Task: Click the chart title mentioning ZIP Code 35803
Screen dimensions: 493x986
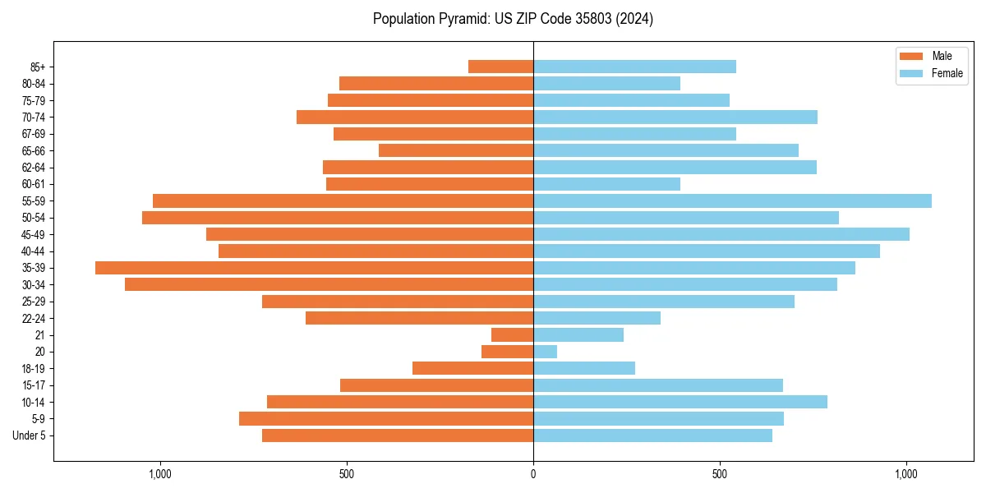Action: pyautogui.click(x=513, y=19)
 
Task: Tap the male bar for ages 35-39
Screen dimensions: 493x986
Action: pyautogui.click(x=314, y=268)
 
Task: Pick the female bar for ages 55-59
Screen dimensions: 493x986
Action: pyautogui.click(x=732, y=200)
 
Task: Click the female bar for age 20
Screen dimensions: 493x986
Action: pyautogui.click(x=545, y=352)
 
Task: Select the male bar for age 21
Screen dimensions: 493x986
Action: pyautogui.click(x=512, y=335)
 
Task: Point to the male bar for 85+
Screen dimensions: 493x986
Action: pyautogui.click(x=500, y=67)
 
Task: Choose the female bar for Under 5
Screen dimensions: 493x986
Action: pyautogui.click(x=652, y=435)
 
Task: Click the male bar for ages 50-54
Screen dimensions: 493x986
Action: pyautogui.click(x=338, y=218)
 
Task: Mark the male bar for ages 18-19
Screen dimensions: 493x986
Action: pyautogui.click(x=472, y=368)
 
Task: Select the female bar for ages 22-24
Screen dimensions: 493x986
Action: pyautogui.click(x=597, y=318)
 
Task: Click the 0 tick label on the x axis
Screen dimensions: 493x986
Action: pyautogui.click(x=533, y=474)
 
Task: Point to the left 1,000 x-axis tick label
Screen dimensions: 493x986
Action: pyautogui.click(x=159, y=474)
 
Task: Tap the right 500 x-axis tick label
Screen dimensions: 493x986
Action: pyautogui.click(x=720, y=474)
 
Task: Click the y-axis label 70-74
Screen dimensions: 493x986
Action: pyautogui.click(x=34, y=117)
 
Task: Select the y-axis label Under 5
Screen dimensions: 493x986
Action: pyautogui.click(x=30, y=435)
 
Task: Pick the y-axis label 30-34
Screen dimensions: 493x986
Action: pyautogui.click(x=34, y=284)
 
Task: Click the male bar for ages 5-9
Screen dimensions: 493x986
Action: pyautogui.click(x=386, y=419)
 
